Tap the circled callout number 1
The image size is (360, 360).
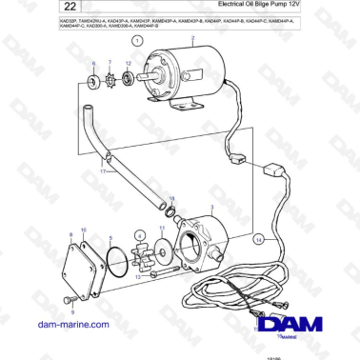139,42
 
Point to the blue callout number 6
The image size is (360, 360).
93,63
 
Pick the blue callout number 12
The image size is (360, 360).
129,63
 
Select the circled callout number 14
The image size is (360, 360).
258,240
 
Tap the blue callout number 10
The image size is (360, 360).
83,230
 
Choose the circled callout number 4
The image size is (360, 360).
140,235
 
